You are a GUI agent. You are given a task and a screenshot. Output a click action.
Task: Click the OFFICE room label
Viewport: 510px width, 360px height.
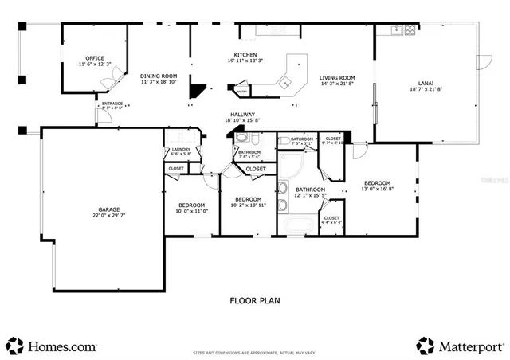[x=95, y=58]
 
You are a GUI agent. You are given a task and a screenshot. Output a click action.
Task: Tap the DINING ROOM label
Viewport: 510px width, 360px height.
[x=159, y=76]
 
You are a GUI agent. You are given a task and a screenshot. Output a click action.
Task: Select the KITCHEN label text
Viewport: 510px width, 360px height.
[x=245, y=53]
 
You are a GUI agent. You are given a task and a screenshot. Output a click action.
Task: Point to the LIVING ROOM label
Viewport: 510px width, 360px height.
[x=337, y=78]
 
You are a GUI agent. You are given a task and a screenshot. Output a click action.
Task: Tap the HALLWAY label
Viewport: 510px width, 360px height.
[x=242, y=115]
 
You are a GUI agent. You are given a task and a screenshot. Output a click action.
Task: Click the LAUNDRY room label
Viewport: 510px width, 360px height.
[x=181, y=149]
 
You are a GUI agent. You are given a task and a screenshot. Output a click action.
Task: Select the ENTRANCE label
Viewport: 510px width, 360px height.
[x=110, y=104]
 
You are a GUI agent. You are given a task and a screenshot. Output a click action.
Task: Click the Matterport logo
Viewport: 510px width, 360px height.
[x=460, y=346]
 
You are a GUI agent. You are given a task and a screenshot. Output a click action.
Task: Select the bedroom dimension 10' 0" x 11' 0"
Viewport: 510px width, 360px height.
[x=192, y=211]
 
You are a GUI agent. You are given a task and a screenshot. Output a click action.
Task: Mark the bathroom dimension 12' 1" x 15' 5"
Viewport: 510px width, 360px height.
[x=311, y=195]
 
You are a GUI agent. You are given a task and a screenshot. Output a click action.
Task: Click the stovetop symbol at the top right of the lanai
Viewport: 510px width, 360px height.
[x=409, y=31]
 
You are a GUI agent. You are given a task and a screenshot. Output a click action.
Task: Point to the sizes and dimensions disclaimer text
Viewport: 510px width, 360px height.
[x=255, y=351]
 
